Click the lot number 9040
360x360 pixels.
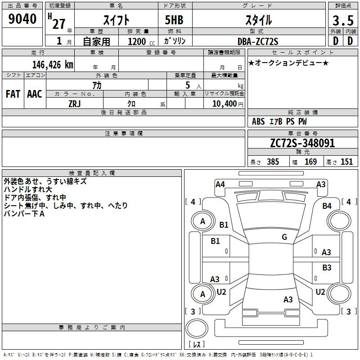[22, 19]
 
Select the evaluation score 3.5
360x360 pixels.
[342, 20]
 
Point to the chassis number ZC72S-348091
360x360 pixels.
[302, 143]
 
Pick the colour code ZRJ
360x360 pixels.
[75, 103]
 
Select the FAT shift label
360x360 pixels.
[13, 94]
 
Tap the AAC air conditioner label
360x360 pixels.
[35, 94]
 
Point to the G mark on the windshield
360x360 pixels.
[284, 237]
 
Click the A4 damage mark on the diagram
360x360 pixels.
[220, 184]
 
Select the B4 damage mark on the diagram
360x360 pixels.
[327, 206]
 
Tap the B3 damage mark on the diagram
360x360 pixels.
[327, 267]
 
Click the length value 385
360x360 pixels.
[272, 162]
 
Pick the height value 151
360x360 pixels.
[346, 162]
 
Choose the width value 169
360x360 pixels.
[311, 162]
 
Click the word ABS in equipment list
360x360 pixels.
[258, 121]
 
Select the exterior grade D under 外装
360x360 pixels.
[335, 40]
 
